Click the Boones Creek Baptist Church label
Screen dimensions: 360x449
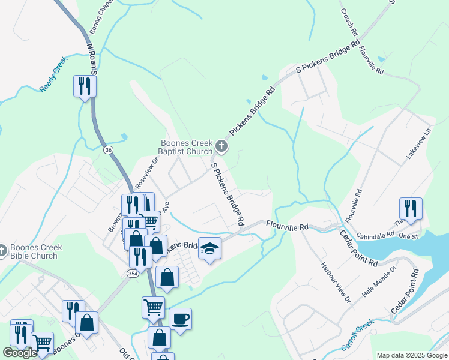(186, 147)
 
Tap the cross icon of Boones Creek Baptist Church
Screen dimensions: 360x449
(221, 146)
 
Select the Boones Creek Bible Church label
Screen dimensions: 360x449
(35, 251)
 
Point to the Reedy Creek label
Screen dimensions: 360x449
(53, 79)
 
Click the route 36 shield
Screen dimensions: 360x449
(108, 149)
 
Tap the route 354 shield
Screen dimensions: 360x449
(133, 273)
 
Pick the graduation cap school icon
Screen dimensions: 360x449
(209, 248)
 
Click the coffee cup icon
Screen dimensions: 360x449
(180, 318)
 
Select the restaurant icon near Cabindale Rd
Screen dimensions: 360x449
(411, 208)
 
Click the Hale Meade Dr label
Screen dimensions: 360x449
(380, 284)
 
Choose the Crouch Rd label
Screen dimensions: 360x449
(348, 22)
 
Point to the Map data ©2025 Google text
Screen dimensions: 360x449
(412, 355)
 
